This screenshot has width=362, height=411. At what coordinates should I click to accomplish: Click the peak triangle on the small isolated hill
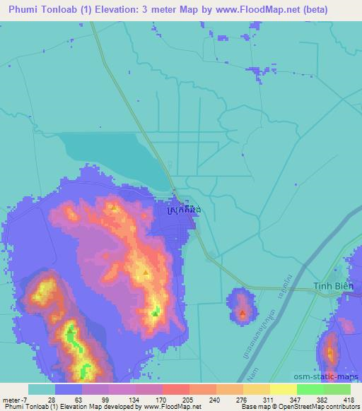(x=243, y=311)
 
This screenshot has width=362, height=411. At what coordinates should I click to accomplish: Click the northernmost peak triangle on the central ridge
(x=114, y=208)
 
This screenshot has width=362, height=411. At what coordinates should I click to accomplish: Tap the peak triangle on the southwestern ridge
(x=70, y=329)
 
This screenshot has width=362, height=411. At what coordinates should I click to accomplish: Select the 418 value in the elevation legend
(x=349, y=400)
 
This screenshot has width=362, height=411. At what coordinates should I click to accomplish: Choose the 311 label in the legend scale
(x=269, y=400)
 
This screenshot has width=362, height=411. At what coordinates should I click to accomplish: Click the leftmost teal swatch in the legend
(x=42, y=389)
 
